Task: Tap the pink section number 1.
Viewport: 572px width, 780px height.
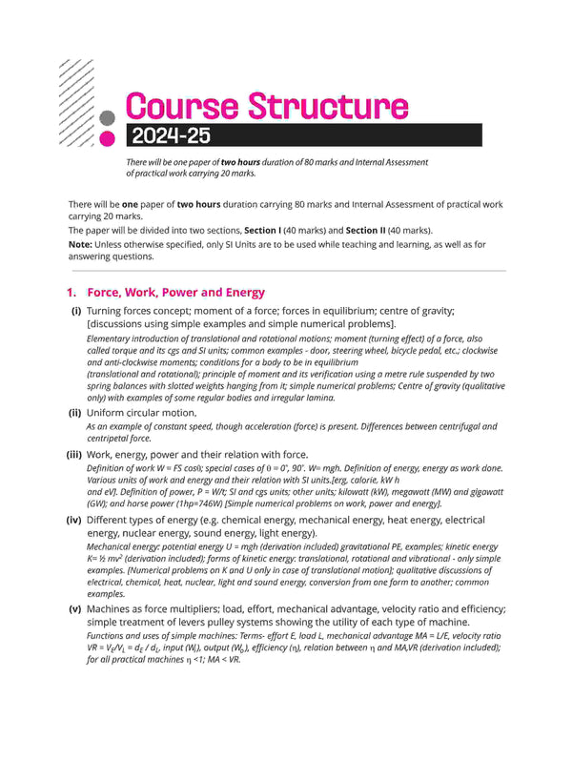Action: [71, 293]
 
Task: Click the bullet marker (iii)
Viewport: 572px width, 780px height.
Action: [73, 455]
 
